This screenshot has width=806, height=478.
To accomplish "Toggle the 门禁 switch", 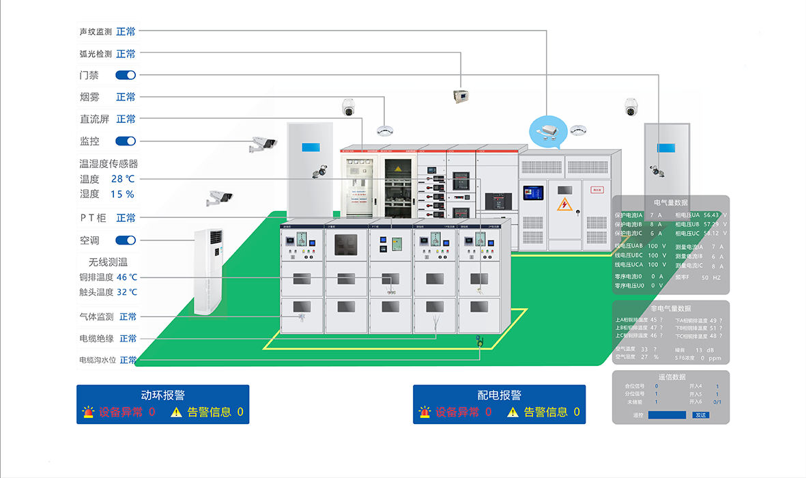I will click(126, 75).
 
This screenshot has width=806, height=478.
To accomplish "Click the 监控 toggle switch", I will click(126, 141).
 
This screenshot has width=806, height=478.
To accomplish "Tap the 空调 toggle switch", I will click(126, 240).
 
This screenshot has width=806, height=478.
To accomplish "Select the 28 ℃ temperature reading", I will click(123, 179).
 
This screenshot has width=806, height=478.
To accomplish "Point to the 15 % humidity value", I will click(123, 194).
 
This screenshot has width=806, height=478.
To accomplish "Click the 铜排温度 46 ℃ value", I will click(127, 277).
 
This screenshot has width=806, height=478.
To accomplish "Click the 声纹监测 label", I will click(96, 31).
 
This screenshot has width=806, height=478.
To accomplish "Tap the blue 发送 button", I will click(700, 415).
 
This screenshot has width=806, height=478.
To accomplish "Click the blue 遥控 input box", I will click(667, 415).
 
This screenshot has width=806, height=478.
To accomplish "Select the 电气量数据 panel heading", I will click(671, 203).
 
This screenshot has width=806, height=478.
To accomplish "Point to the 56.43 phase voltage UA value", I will click(711, 214).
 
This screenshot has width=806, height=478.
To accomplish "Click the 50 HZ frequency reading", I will click(710, 278).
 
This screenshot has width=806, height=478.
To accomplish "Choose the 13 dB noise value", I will click(704, 350).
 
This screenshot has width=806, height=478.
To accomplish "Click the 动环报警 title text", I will click(162, 395).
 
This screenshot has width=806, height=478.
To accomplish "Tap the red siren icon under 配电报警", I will click(424, 412).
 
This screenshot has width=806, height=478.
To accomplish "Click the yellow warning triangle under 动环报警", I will click(177, 412).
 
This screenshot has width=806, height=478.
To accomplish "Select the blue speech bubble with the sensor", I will click(548, 131).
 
